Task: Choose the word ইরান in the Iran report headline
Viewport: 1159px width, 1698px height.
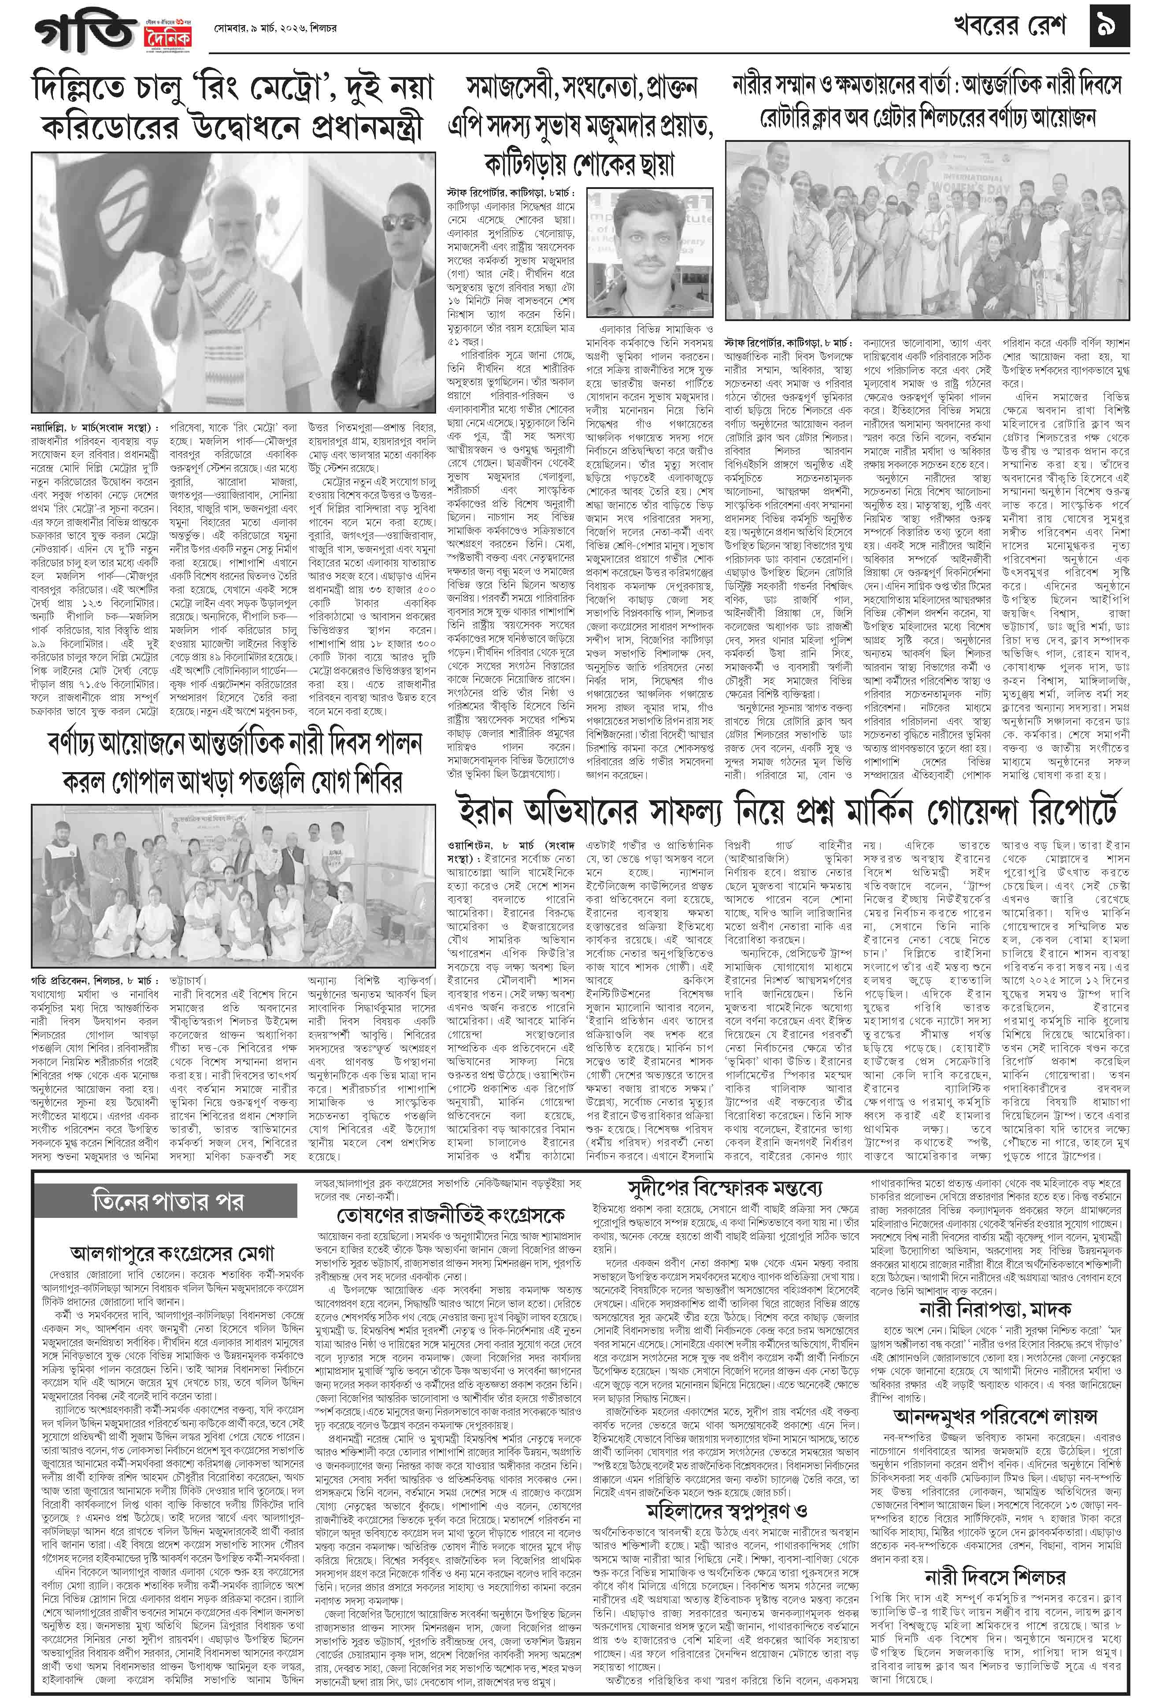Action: pos(485,811)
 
